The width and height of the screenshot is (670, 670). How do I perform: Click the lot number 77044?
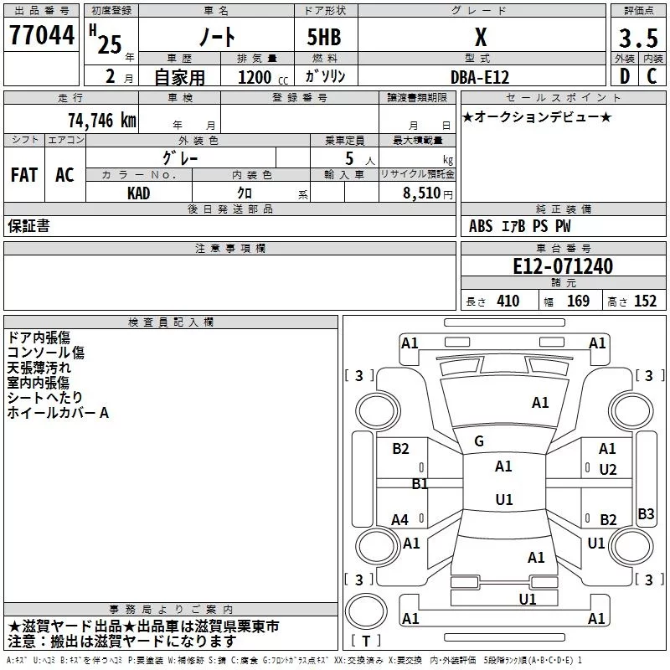[x=42, y=37]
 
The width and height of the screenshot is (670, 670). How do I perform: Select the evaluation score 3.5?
[x=637, y=39]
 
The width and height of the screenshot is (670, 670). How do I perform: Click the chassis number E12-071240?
[x=562, y=267]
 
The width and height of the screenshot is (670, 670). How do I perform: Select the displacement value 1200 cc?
[x=257, y=77]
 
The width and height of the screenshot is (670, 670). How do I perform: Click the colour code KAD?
[x=139, y=193]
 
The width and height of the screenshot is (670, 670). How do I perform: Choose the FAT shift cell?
[x=24, y=175]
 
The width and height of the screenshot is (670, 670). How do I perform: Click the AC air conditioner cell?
[x=64, y=175]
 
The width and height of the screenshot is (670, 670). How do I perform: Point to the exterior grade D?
[x=624, y=76]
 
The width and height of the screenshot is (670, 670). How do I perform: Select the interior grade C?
[x=652, y=76]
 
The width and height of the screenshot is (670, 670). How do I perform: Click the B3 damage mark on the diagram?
[x=646, y=514]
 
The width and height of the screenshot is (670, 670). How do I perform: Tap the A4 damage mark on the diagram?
[x=400, y=520]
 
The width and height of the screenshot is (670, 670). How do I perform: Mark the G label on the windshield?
[x=479, y=441]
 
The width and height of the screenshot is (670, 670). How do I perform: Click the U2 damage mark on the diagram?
[x=608, y=470]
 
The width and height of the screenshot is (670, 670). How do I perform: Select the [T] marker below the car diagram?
[x=366, y=642]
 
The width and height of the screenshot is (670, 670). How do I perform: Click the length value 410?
[x=508, y=301]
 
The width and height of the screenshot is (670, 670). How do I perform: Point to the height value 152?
[x=645, y=301]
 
